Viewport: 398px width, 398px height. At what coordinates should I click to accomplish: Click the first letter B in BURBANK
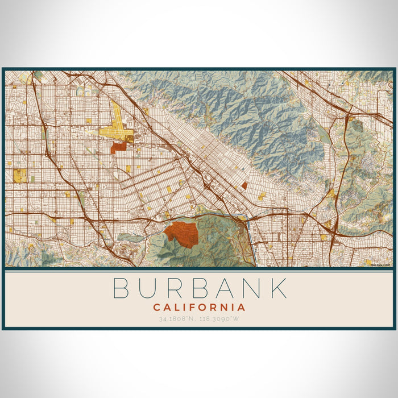coord(122,288)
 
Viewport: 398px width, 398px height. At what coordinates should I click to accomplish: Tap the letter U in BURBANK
coord(148,288)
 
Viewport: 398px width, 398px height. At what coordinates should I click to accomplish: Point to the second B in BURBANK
coord(199,288)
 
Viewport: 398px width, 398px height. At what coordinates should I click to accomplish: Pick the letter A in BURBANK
coord(225,288)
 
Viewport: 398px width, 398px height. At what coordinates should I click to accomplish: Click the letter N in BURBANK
coord(251,288)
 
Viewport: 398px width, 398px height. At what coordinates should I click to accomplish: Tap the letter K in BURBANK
coord(278,288)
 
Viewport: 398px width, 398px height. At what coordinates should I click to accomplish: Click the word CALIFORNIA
coord(199,308)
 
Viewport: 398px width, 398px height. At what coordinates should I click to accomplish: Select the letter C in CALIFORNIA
coord(156,308)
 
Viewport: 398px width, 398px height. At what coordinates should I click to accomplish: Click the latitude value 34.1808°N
coord(179,319)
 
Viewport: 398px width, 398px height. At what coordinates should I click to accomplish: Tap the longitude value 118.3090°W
coord(219,319)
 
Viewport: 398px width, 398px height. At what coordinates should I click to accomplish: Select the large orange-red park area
coord(181,234)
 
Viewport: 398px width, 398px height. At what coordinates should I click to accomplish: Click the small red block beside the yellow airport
coord(118,147)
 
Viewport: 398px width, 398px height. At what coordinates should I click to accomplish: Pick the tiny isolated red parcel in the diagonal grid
coord(244,185)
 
